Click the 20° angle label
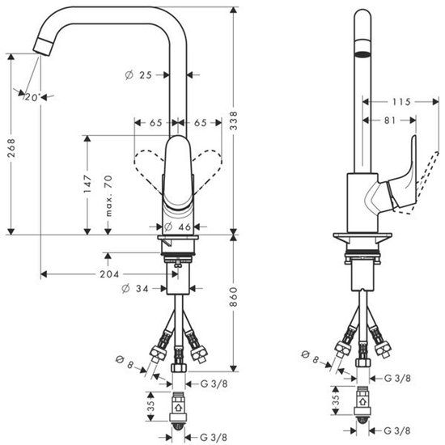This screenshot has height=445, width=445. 31,96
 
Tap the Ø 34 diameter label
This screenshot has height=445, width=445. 135,288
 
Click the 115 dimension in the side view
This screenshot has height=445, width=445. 400,102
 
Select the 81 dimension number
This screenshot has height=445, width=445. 388,120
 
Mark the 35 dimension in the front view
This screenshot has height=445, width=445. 149,402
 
